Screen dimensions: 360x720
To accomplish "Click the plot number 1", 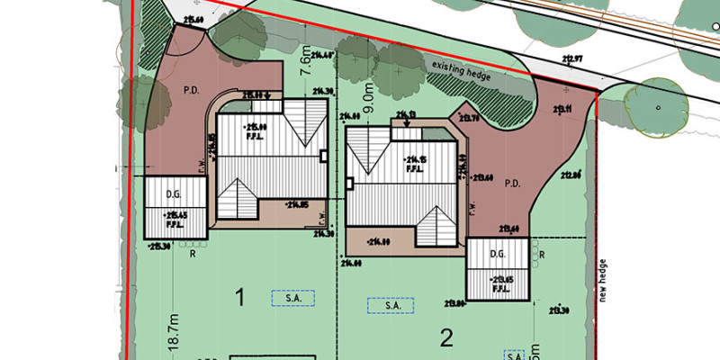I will click(x=239, y=296).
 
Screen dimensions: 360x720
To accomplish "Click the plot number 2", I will click(x=445, y=337).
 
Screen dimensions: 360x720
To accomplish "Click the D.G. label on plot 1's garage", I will click(x=175, y=193).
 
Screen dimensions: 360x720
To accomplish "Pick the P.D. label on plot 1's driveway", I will click(x=192, y=91).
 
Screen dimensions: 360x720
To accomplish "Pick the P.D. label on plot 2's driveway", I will click(x=513, y=184).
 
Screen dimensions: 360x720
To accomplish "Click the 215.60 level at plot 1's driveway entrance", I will click(x=191, y=17).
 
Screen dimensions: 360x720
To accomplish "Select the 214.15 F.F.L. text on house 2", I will click(x=415, y=162).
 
